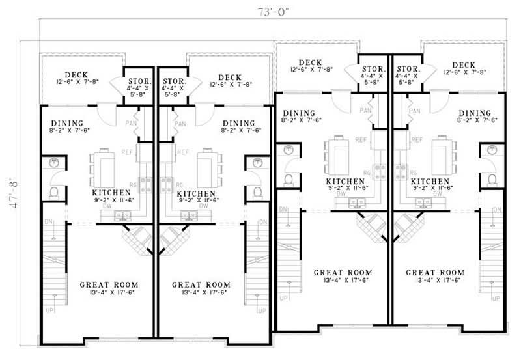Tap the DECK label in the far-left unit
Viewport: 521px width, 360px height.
click(76, 76)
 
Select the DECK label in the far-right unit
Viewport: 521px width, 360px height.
click(463, 64)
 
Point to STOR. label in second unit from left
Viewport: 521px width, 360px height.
click(175, 82)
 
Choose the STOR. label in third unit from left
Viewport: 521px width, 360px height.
click(373, 68)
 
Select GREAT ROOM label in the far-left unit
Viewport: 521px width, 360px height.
click(108, 284)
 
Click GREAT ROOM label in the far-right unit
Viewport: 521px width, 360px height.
click(434, 272)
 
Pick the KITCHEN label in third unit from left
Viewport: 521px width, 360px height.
click(345, 182)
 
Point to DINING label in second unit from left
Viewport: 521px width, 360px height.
click(237, 123)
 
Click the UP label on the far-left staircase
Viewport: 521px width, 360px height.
click(49, 311)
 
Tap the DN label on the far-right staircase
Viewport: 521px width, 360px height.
click(497, 210)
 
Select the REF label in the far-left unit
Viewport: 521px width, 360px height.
click(127, 152)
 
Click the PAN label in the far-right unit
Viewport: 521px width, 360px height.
click(414, 111)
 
